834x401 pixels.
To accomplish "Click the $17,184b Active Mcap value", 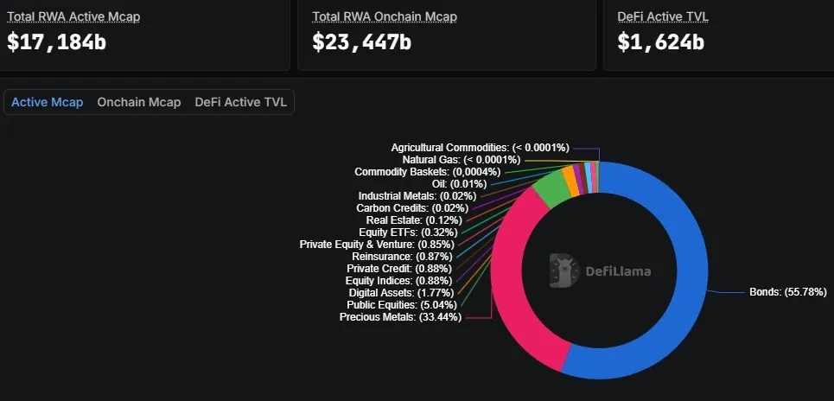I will (x=57, y=41).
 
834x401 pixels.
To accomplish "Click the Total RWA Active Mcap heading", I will (x=73, y=16).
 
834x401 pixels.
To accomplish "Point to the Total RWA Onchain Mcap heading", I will (x=385, y=16).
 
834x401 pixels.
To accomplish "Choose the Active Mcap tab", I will (x=48, y=102).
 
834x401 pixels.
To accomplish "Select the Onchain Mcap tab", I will (x=139, y=102).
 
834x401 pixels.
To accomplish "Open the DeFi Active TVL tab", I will (x=241, y=102).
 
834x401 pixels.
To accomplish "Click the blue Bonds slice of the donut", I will (x=683, y=285).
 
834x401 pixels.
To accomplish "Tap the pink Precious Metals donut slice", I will (x=510, y=285).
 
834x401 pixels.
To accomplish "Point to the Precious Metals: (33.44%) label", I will (x=400, y=317).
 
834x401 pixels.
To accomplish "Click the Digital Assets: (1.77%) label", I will (x=404, y=293).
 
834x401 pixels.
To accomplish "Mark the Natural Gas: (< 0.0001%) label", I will (x=461, y=160).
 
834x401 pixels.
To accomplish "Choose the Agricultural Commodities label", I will (x=480, y=148).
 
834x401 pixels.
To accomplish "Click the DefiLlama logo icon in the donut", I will (x=563, y=271).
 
